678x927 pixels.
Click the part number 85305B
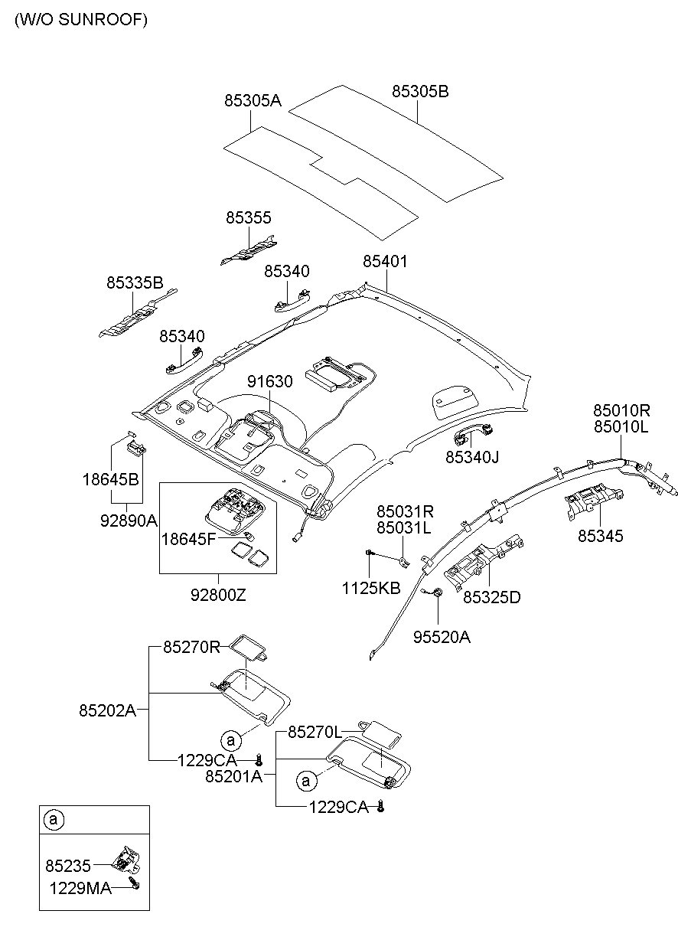[420, 92]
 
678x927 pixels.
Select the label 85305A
[253, 100]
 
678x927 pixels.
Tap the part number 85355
[248, 218]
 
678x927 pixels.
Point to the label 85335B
[135, 283]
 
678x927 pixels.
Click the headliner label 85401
[385, 262]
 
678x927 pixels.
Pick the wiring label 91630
[269, 381]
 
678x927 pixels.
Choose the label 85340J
[472, 457]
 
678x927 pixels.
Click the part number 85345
[600, 537]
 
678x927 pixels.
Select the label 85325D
[491, 597]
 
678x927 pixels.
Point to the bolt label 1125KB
[370, 588]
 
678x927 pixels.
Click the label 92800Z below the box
[219, 594]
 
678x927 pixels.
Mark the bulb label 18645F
[188, 539]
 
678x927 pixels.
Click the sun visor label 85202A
[107, 710]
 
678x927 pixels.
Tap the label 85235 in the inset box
[68, 866]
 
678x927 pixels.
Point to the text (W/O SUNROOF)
[80, 21]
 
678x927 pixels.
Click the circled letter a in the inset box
[53, 820]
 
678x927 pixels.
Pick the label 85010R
[621, 410]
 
